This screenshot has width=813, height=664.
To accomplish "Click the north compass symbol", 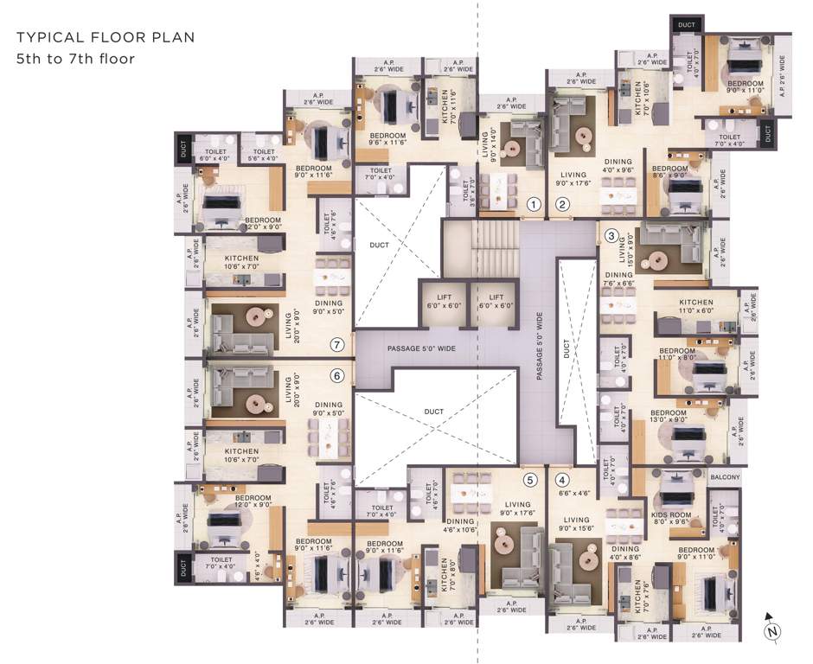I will click(770, 629).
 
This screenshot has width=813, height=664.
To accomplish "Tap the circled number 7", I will click(337, 345).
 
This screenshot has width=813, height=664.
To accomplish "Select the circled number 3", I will click(611, 235).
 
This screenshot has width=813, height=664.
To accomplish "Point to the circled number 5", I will click(529, 481).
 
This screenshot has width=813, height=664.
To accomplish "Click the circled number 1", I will click(534, 205).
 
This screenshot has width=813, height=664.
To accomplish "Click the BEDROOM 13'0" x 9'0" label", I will click(669, 417).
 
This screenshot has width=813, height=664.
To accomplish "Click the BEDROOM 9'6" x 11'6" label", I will click(382, 140).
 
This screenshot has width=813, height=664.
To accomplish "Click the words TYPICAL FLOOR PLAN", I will click(106, 38).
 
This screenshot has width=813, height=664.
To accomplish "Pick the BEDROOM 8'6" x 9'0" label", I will click(670, 172).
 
